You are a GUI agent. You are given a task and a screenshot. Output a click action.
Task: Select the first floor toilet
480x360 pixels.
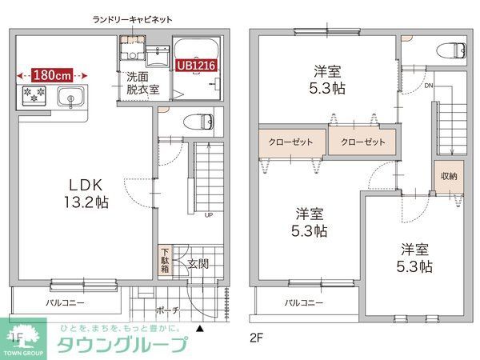(198, 122)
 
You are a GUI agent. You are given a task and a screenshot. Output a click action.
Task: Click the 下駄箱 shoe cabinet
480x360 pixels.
(163, 260)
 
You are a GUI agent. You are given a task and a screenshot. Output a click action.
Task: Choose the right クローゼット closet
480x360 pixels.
(362, 142)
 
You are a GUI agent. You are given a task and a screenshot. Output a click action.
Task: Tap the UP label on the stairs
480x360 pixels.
(209, 215)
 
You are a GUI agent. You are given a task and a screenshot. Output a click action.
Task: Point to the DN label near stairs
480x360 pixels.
(428, 86)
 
